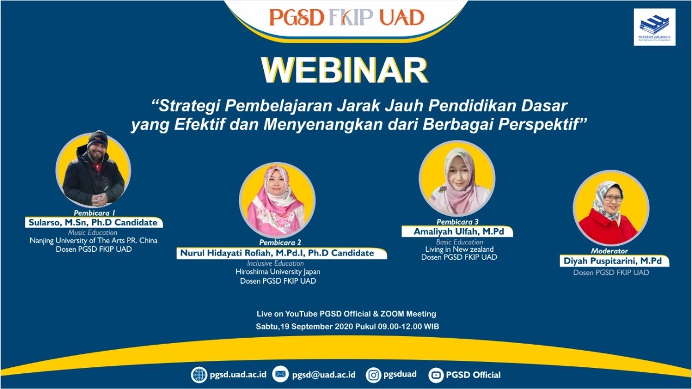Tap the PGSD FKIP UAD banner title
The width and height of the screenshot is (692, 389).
tap(347, 18)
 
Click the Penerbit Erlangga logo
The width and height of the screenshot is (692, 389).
tap(654, 26)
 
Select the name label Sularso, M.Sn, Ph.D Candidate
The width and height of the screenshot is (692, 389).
tap(93, 223)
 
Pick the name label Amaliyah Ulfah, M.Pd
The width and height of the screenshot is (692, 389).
tap(457, 231)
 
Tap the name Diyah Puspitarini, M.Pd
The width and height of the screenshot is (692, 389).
tap(614, 261)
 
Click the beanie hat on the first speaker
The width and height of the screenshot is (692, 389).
tap(97, 138)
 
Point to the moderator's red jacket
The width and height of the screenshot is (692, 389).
tap(608, 227)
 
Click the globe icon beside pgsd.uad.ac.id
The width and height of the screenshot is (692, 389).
tap(199, 374)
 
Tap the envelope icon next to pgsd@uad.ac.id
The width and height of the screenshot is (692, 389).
tap(280, 374)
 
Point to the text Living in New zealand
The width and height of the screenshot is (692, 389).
tap(459, 249)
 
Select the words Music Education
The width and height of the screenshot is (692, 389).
tap(92, 232)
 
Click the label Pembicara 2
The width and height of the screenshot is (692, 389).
tap(280, 243)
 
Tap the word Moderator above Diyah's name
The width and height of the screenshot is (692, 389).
tap(609, 251)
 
